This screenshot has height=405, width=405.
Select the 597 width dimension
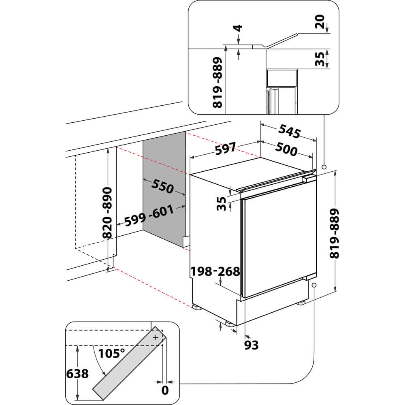point(225,150)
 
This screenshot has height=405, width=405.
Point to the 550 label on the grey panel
point(162,186)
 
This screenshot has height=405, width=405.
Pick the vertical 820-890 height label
point(107,213)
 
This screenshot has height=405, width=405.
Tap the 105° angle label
point(111,353)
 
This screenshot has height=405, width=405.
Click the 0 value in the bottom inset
point(164,390)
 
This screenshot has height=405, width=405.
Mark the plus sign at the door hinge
point(155,337)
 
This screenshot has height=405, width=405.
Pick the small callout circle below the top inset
point(324,167)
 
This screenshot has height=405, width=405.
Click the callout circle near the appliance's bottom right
point(314,285)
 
